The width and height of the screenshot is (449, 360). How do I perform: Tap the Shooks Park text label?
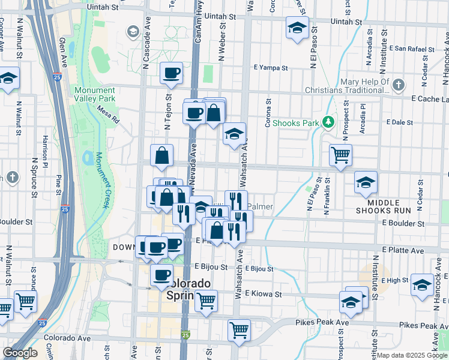[x=295, y=123]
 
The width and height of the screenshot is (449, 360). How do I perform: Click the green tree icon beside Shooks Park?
[x=328, y=122]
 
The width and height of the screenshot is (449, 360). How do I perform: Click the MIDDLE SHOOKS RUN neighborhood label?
[x=383, y=206]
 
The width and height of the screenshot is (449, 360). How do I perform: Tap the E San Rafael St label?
[x=412, y=48]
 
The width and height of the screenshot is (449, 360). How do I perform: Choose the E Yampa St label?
[x=271, y=67]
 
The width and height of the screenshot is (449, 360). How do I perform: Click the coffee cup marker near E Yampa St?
[x=172, y=73]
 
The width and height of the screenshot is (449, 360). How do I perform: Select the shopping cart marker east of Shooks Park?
[x=340, y=155]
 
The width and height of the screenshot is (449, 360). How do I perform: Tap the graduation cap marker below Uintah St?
[x=296, y=28]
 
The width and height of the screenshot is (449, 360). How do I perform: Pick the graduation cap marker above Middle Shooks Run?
[x=365, y=183]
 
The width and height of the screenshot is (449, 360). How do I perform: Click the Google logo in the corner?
[x=20, y=353]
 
